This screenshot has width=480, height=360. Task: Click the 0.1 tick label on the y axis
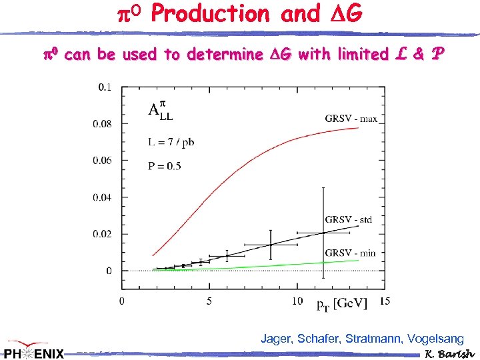105,87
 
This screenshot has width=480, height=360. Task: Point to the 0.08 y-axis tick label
103,123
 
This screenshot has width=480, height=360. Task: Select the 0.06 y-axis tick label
103,160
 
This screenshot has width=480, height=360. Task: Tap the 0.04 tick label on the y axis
103,197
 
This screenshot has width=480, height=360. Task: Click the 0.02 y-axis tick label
103,234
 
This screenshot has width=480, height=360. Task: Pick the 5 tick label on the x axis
209,301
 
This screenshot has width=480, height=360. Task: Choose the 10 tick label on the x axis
297,301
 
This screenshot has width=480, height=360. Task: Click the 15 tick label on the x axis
385,301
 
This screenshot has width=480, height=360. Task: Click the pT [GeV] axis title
342,304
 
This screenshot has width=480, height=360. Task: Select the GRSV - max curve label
351,119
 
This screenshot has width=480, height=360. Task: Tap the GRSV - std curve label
349,219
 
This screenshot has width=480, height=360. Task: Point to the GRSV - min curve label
349,252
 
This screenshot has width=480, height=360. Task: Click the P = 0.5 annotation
164,166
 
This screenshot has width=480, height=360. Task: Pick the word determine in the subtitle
225,55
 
